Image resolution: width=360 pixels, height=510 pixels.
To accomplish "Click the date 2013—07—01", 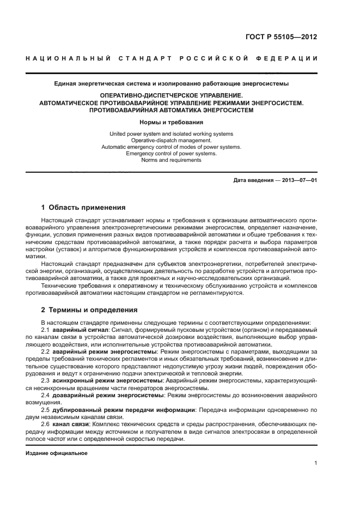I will pyautogui.click(x=299, y=180).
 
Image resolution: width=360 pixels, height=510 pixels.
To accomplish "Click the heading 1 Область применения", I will pyautogui.click(x=83, y=208).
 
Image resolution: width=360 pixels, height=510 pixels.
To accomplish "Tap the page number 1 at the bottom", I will pyautogui.click(x=315, y=463).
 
